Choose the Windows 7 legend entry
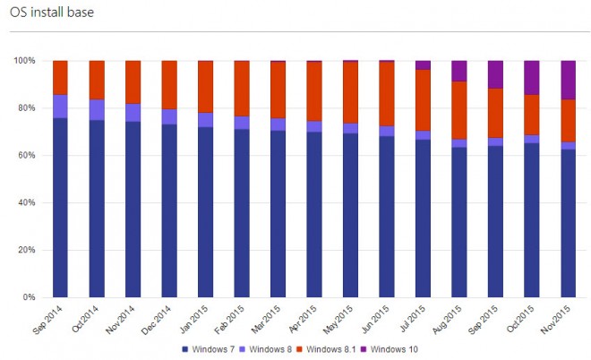pyautogui.click(x=212, y=348)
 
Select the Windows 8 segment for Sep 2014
pyautogui.click(x=61, y=106)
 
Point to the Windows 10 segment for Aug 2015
pyautogui.click(x=459, y=71)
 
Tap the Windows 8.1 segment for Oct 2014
pyautogui.click(x=97, y=80)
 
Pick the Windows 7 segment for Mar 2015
pyautogui.click(x=278, y=214)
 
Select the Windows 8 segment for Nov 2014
pyautogui.click(x=133, y=112)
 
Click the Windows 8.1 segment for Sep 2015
pyautogui.click(x=495, y=113)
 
